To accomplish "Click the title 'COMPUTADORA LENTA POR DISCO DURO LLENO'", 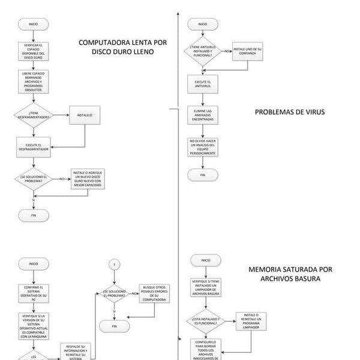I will [122, 47].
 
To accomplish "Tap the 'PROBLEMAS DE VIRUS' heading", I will [289, 112].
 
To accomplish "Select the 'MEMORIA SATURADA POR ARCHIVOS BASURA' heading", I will [290, 274].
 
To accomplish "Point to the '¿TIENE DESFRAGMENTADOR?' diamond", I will [33, 115].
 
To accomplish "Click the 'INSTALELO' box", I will [85, 116].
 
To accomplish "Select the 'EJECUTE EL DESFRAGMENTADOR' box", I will [33, 146].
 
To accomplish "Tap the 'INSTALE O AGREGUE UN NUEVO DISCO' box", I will [88, 179].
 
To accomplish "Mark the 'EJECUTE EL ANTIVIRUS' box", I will [202, 83].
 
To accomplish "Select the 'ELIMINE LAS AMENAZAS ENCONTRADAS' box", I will [202, 115].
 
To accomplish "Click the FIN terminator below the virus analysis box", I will [202, 175].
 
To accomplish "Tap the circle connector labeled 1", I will [113, 265].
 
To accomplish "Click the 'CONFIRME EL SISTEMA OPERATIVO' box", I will [33, 292].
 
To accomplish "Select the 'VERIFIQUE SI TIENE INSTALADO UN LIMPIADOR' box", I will [206, 287].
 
